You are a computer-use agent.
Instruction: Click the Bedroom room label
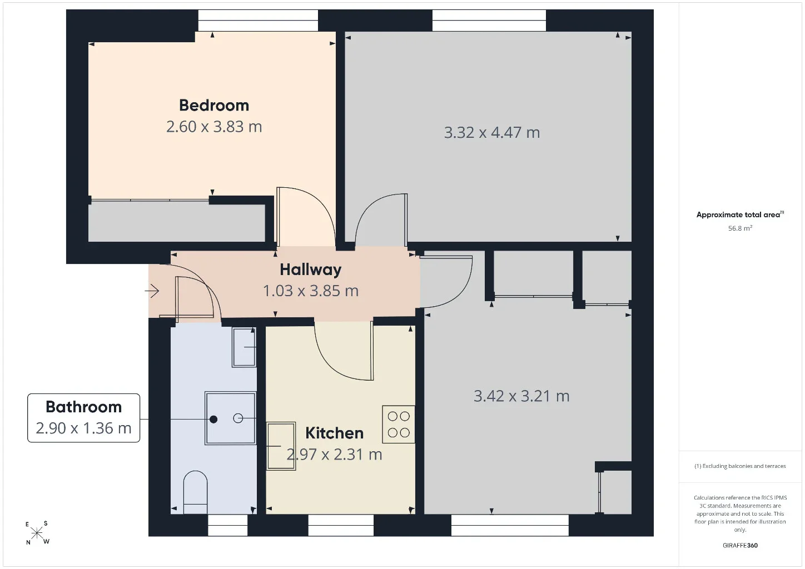click(214, 105)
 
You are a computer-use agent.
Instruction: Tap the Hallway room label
click(311, 269)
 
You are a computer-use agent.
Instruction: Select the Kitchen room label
click(334, 433)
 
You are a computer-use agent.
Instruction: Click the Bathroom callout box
click(83, 418)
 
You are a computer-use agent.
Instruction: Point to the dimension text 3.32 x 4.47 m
click(491, 133)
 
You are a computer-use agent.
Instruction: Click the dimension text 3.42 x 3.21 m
click(521, 396)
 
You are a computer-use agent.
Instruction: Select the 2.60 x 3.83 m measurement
click(214, 127)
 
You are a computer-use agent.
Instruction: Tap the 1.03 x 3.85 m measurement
click(311, 291)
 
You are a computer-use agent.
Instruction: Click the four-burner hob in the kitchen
click(398, 424)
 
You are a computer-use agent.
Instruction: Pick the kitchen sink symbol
click(281, 446)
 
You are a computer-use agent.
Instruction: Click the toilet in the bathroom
click(195, 492)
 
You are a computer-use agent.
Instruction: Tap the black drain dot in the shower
click(213, 419)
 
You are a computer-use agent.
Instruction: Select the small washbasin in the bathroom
click(244, 347)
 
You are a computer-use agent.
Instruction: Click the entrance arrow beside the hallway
click(152, 291)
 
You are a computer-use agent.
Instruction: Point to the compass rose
click(37, 533)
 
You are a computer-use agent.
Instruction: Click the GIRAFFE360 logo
click(740, 545)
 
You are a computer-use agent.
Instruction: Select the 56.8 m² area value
click(740, 228)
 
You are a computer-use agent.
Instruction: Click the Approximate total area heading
click(740, 214)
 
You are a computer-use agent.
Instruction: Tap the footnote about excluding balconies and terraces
click(740, 466)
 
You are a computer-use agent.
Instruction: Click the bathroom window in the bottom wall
click(227, 525)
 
